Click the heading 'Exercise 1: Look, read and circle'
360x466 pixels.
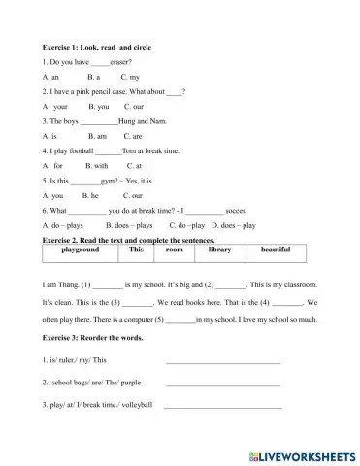click(x=98, y=47)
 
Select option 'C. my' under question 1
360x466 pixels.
click(x=130, y=75)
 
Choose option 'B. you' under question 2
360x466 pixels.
click(x=98, y=106)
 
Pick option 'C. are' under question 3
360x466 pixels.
click(x=135, y=137)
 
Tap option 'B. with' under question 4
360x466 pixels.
click(x=97, y=166)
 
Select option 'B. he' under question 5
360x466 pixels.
click(x=93, y=195)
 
